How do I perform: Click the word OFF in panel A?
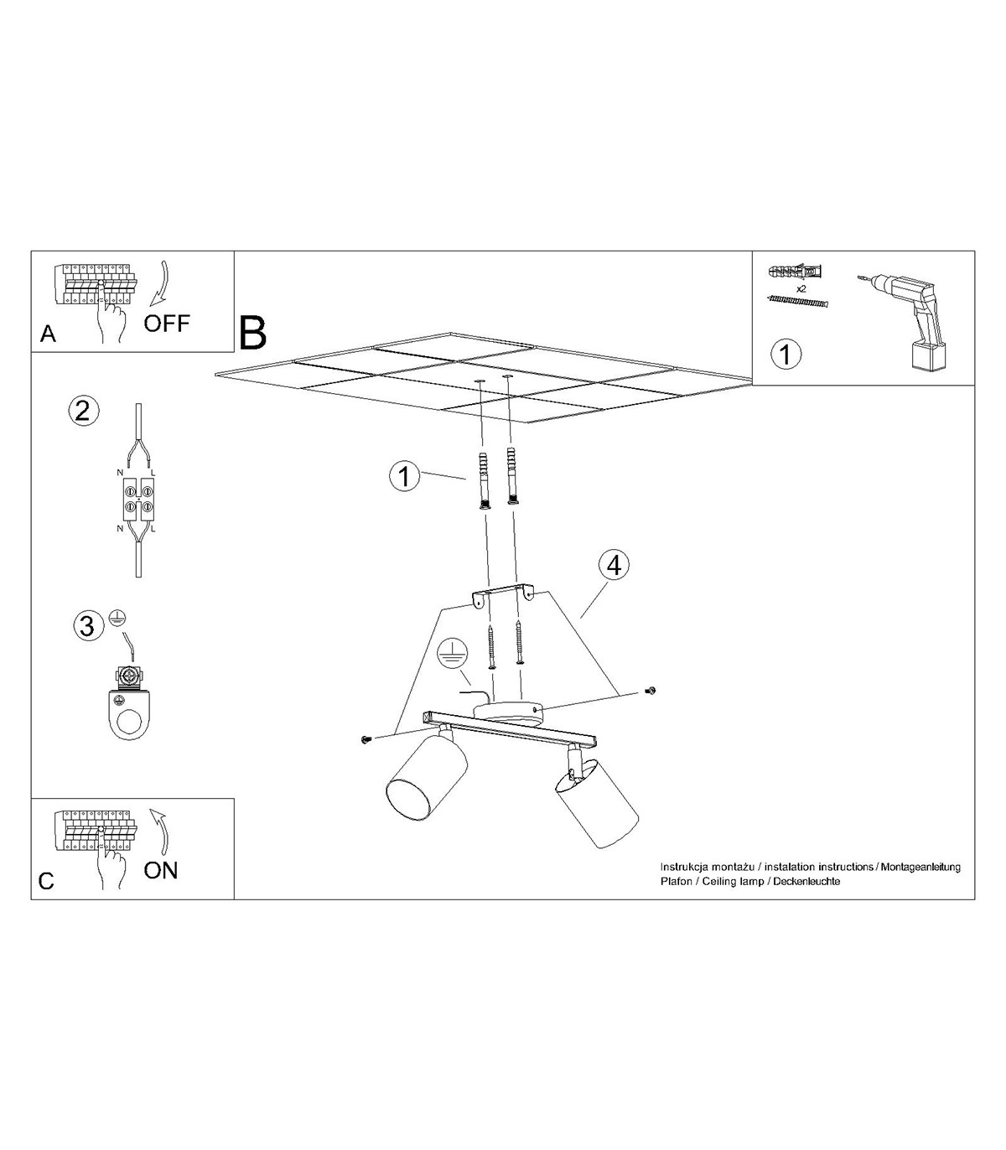(x=167, y=324)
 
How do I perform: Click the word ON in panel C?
(x=161, y=871)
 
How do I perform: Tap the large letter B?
(x=252, y=333)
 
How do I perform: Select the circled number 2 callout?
(x=83, y=411)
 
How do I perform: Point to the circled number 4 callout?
(x=614, y=565)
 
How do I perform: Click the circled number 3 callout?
(x=88, y=625)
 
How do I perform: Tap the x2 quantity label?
(x=801, y=289)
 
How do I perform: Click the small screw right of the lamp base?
(x=652, y=690)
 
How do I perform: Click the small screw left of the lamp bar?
(x=366, y=740)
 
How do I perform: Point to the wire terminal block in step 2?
(x=138, y=500)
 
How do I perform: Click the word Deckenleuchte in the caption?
(x=806, y=881)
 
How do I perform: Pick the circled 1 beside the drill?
(x=786, y=355)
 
